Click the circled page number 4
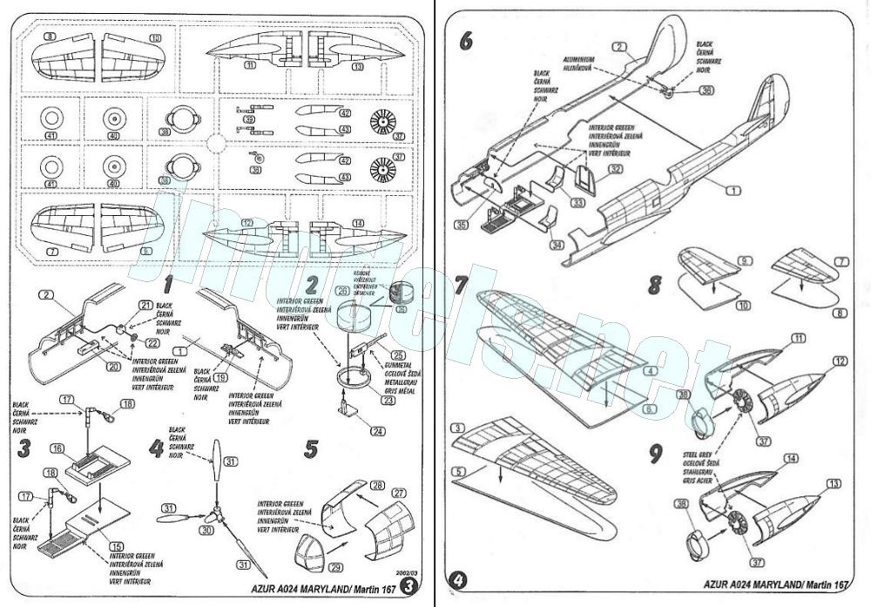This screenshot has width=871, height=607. [x=459, y=578]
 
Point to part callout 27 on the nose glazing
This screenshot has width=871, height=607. [x=399, y=493]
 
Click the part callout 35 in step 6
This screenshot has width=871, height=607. [x=461, y=224]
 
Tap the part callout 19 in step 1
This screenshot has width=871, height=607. [x=220, y=379]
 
